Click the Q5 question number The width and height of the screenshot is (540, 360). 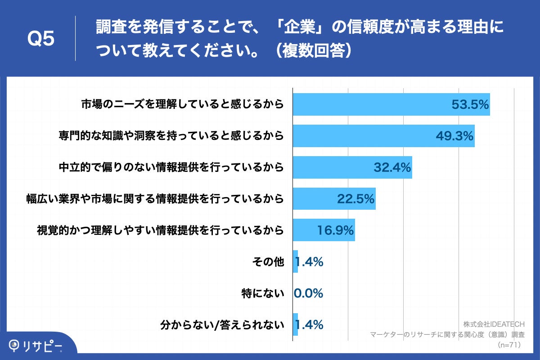41,39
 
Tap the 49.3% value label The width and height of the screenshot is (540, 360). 455,136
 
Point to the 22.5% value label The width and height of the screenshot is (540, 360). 356,199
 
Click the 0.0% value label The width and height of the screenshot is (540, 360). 309,293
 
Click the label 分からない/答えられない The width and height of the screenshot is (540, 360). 222,325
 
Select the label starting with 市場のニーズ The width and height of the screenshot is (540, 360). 182,104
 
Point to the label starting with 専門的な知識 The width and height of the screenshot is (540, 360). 171,136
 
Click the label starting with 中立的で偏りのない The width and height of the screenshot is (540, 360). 171,167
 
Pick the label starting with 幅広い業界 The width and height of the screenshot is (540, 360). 155,199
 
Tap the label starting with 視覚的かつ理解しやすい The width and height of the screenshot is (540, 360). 161,230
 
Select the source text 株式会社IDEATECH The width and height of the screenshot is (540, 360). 494,324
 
